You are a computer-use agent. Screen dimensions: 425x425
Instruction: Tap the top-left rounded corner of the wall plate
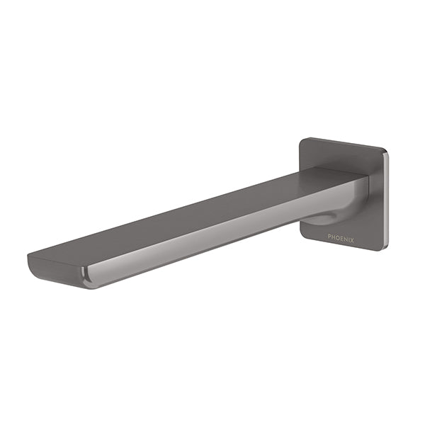coord(302,140)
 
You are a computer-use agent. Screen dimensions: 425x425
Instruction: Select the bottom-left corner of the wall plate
coord(303,233)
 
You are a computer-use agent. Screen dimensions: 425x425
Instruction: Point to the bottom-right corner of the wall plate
coord(383,247)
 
